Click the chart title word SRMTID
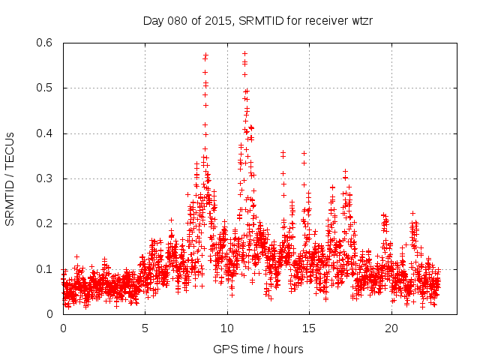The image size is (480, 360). [x=259, y=20]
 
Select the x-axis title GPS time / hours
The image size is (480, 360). [x=258, y=349]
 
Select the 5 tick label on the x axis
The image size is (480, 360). [x=145, y=328]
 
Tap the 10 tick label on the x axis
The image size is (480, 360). [x=227, y=328]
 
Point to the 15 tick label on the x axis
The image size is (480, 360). [x=310, y=328]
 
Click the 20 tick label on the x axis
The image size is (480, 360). [x=391, y=328]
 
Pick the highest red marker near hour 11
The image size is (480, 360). [x=244, y=53]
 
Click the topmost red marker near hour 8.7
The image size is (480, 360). [x=205, y=54]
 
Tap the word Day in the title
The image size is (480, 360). [x=153, y=20]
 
